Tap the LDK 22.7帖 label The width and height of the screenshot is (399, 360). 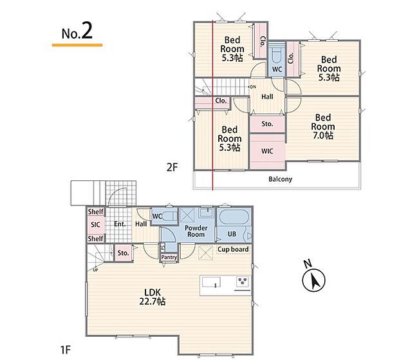point(153,297)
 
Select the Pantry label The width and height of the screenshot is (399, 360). point(169,257)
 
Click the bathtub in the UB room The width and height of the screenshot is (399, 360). point(234,216)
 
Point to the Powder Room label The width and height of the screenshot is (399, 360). point(196,231)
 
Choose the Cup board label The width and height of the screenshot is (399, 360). point(233,249)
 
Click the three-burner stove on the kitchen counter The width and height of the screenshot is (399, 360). point(243,281)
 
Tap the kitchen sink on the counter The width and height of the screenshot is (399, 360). point(211,282)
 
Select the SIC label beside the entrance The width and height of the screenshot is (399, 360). point(95,225)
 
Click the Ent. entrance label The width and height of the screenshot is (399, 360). point(120,224)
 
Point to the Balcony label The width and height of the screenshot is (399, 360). point(280,179)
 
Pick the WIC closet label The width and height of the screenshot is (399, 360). point(267,151)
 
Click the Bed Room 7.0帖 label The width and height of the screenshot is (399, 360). point(322,126)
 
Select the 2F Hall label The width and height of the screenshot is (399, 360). point(267,97)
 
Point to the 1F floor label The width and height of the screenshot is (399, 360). point(66,350)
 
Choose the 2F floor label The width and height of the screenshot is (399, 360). point(172,167)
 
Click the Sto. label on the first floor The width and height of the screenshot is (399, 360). point(123,253)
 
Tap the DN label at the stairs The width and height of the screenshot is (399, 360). point(253,87)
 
